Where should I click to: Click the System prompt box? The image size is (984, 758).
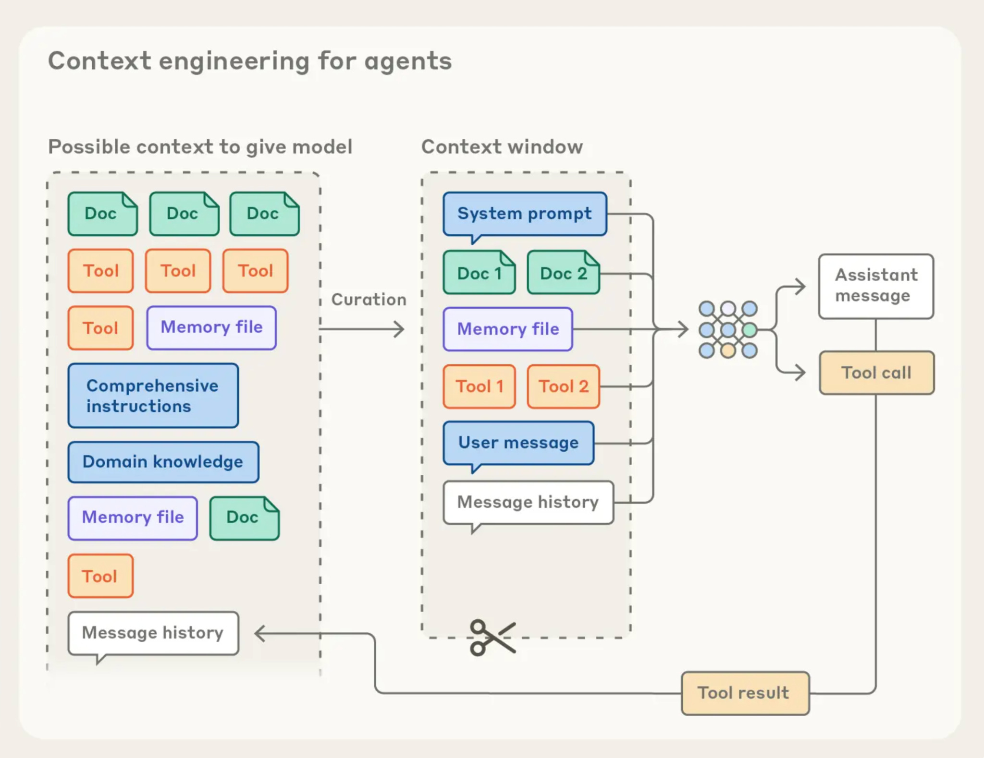click(525, 214)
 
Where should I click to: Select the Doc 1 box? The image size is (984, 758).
click(479, 272)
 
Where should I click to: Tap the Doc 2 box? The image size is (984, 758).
click(564, 272)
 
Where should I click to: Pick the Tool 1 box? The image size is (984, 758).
click(479, 386)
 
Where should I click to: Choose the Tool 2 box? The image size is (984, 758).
click(564, 386)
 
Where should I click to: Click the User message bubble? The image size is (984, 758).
click(518, 444)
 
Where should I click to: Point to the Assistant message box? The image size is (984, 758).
click(876, 286)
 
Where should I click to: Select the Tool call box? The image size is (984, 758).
click(877, 373)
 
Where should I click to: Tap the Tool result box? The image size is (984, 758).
click(745, 693)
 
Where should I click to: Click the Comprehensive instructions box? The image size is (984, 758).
click(153, 396)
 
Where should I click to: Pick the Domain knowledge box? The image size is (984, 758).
click(163, 462)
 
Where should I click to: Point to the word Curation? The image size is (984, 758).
click(369, 300)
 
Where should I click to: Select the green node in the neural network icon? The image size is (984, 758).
click(750, 330)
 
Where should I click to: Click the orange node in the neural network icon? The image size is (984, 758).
click(728, 351)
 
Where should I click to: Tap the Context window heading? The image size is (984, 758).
click(502, 147)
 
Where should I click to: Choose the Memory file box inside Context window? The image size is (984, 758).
click(508, 329)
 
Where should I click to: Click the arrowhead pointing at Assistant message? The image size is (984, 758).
click(800, 287)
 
